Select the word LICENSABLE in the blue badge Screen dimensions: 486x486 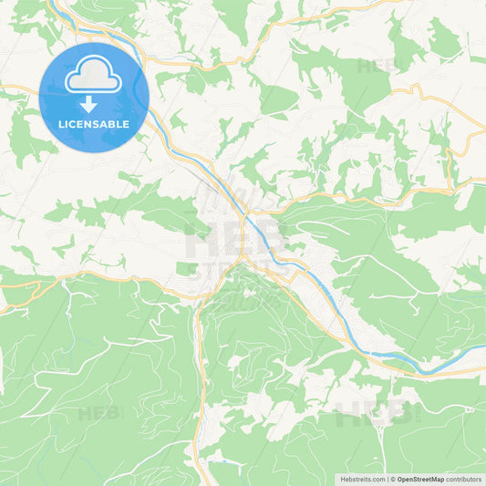[x=94, y=123]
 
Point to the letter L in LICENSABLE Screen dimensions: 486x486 [x=61, y=123]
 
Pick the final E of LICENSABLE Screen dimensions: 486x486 [x=127, y=123]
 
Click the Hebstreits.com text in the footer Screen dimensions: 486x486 [x=361, y=479]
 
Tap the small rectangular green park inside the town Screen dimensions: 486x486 [x=187, y=268]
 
